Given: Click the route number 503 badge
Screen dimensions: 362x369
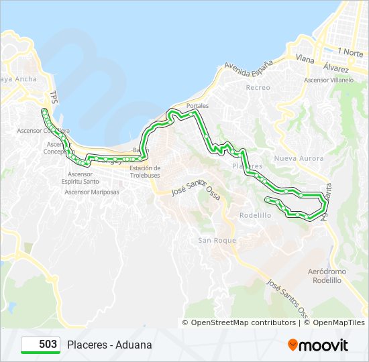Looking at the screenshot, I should coord(41,345).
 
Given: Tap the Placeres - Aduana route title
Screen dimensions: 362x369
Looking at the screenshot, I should coord(109,345).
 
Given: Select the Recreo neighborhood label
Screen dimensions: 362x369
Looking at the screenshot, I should coord(258,88).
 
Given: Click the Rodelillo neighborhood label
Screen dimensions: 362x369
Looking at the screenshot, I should coord(256,215).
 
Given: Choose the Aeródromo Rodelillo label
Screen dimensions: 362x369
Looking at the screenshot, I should coord(327,276).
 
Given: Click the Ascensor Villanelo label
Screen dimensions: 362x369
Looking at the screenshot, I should coord(329,80).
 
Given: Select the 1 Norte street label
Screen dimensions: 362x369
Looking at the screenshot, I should coord(350,51).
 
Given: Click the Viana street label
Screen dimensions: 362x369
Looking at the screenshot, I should coord(305,59).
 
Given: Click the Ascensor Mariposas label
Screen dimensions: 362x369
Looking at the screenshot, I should coord(92,192).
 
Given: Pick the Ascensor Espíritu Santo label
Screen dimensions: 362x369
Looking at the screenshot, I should coord(80,178).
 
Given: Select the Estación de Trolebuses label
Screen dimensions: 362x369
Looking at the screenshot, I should coord(145,172).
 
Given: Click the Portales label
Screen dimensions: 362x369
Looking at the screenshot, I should coord(197,106).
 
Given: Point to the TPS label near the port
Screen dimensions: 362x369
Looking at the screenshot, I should coord(54,97).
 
